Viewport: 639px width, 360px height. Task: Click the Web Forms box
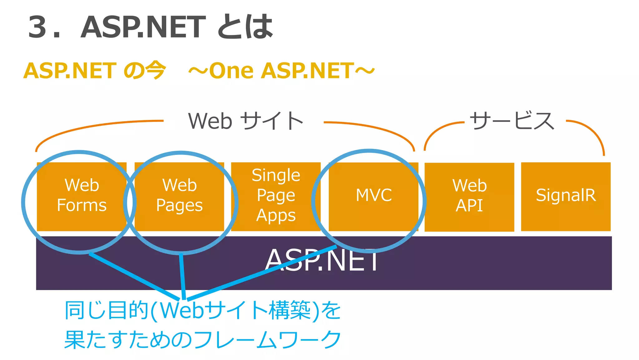pos(82,196)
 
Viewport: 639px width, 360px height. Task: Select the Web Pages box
pos(179,196)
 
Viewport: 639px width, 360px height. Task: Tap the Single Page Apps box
pos(276,196)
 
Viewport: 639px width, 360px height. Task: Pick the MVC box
pos(373,196)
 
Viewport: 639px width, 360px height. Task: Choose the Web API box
pos(469,197)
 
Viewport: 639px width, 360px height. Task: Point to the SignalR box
pos(566,196)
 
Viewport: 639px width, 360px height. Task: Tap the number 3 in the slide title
pos(37,27)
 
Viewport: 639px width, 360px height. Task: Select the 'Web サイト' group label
pos(246,121)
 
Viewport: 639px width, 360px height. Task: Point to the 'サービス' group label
pos(512,121)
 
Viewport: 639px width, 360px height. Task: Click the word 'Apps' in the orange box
pos(276,216)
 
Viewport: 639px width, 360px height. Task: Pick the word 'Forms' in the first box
pos(82,206)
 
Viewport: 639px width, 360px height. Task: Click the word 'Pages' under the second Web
pos(179,206)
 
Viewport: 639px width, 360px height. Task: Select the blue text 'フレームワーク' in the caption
pos(268,339)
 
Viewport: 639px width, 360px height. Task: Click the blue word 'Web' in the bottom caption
pos(182,311)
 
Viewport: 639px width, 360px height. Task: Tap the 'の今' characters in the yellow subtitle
pos(144,71)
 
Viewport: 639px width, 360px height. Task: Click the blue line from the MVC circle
pos(262,273)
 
